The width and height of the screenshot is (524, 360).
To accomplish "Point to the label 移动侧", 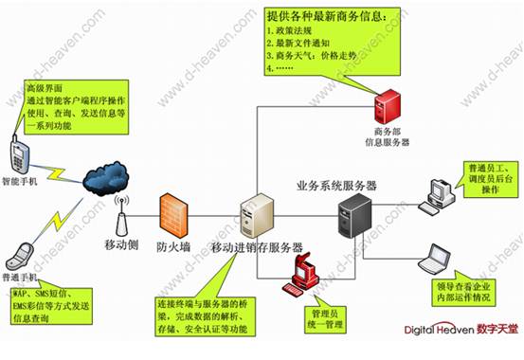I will (121, 245).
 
